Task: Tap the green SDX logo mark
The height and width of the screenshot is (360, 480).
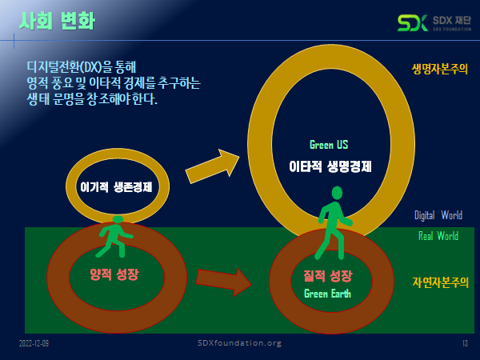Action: (x=413, y=22)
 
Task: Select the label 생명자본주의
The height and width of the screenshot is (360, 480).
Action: (x=439, y=69)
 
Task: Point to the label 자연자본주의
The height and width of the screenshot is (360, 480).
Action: (x=440, y=282)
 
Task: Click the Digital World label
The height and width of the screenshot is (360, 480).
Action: (x=438, y=215)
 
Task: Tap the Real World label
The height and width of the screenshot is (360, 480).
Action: (x=438, y=236)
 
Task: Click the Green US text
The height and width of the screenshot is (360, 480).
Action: (x=329, y=145)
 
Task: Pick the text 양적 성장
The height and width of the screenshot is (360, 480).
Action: (x=114, y=274)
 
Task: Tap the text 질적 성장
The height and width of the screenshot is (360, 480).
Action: (x=328, y=277)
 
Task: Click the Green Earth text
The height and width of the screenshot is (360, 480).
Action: (x=328, y=293)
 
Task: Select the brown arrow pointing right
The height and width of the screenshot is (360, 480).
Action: (x=223, y=280)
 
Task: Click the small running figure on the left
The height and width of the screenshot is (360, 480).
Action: (x=118, y=234)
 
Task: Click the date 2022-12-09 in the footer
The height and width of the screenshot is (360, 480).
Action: (x=34, y=343)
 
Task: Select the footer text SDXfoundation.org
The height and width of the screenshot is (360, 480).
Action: (x=239, y=343)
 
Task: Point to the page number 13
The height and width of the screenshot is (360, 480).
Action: (x=464, y=343)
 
